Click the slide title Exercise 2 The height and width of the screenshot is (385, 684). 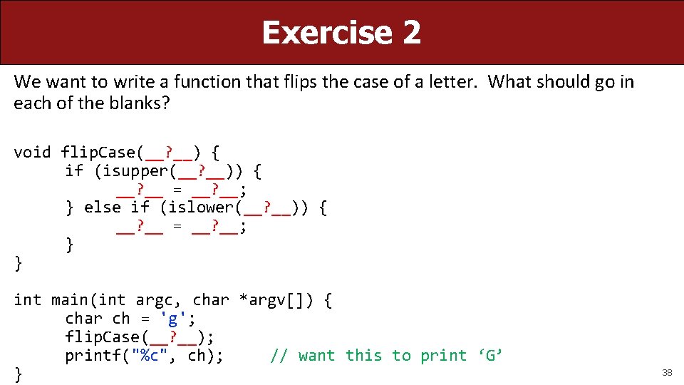[341, 32]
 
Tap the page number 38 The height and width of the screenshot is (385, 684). [667, 373]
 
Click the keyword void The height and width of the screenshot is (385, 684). [32, 152]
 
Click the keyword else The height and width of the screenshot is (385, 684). [103, 207]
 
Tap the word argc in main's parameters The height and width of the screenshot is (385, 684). [154, 299]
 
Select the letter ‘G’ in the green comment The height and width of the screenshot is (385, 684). [490, 355]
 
